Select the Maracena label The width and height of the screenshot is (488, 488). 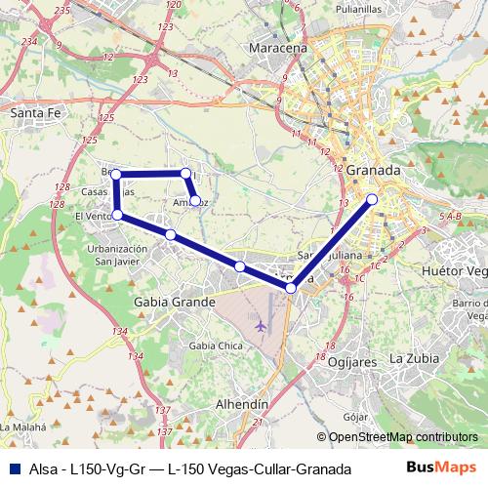[x=278, y=47]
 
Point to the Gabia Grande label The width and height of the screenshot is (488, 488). [x=174, y=303]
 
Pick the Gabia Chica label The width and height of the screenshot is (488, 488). [x=216, y=346]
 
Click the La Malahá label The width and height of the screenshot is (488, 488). [x=25, y=427]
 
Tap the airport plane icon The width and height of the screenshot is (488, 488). [x=259, y=324]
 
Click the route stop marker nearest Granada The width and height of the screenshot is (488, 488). [x=372, y=200]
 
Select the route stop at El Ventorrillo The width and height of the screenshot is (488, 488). [x=117, y=215]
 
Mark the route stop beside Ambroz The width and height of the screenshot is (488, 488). [x=195, y=201]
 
